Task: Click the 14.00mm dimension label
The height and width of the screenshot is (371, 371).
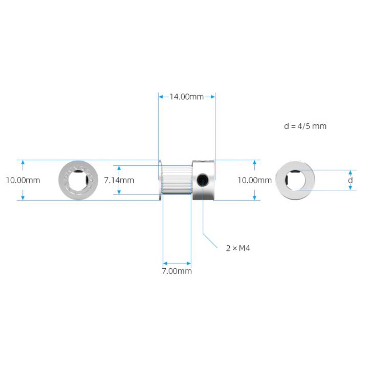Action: pos(186,97)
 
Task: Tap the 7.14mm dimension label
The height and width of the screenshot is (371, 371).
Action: pos(119,180)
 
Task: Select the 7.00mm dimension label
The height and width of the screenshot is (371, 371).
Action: pos(177,271)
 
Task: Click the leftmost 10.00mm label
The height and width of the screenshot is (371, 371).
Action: pos(23,180)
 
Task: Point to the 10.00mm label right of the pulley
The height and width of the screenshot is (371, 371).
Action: pos(254,180)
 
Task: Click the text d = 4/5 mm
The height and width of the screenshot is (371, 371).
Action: pos(305,126)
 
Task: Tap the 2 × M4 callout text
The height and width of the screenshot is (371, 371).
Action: pos(238,248)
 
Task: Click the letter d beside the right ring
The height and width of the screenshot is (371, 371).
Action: pos(351,180)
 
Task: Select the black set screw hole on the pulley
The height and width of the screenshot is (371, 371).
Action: pos(203,180)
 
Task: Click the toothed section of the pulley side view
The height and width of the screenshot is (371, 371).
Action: pos(177,180)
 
